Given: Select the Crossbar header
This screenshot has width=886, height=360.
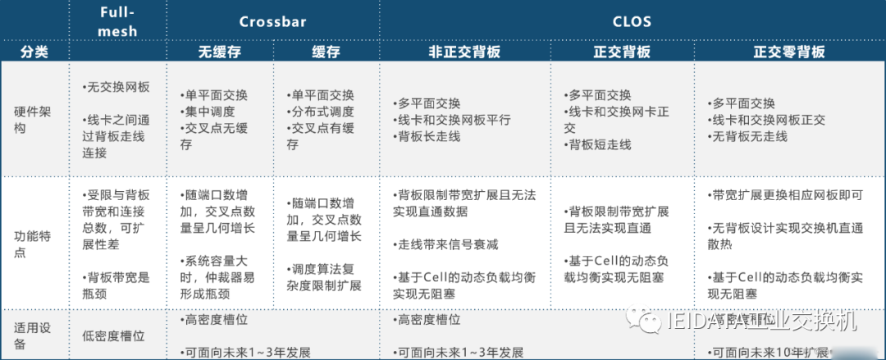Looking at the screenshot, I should click(272, 21).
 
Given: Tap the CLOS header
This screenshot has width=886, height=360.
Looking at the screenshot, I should click(632, 21).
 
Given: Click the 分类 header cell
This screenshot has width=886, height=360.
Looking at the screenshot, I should click(34, 52).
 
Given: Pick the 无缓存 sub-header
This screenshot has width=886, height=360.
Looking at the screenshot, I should click(219, 52).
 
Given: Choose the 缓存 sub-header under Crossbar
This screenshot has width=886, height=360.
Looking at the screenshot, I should click(326, 52).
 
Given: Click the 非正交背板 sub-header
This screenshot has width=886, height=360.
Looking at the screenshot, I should click(464, 52).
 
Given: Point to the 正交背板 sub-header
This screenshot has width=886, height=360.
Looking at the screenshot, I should click(622, 52).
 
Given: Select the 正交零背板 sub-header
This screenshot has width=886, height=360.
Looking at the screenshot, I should click(789, 52).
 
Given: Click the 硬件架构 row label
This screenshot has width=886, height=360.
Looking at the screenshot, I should click(32, 120).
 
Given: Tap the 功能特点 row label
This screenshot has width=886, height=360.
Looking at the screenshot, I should click(32, 244).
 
